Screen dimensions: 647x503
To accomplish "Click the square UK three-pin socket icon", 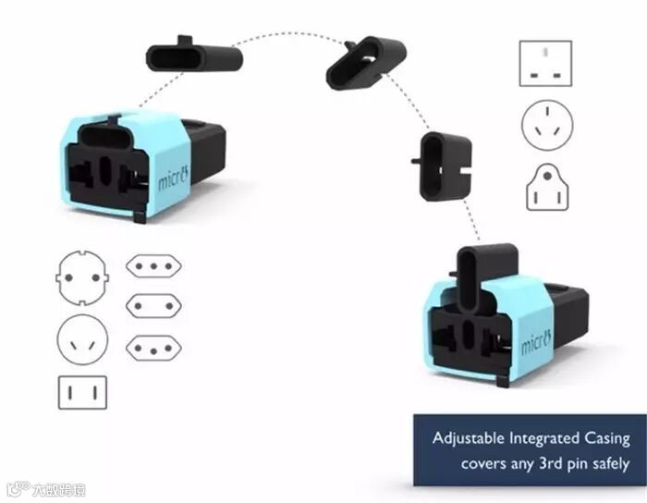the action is (x=545, y=63).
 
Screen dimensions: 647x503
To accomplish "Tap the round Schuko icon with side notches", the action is (x=82, y=277).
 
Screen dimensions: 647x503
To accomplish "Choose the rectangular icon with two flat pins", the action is (x=82, y=392).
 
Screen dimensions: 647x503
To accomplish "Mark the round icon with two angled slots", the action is (x=82, y=339).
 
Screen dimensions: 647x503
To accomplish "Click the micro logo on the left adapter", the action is (x=173, y=177).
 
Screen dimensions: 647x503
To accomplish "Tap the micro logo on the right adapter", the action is (x=537, y=343).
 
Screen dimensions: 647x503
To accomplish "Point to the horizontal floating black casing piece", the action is (x=194, y=57).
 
